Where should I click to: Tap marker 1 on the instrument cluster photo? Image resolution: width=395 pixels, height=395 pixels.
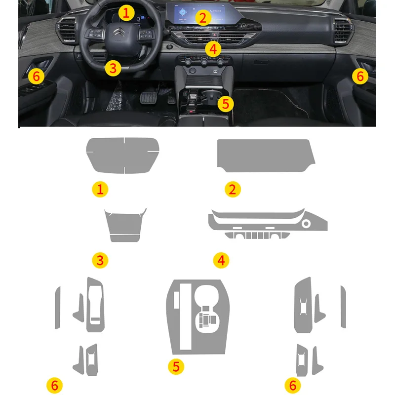[x=127, y=13]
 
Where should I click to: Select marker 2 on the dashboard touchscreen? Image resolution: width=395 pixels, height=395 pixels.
[x=201, y=18]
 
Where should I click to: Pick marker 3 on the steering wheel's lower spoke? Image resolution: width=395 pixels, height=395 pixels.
[x=113, y=68]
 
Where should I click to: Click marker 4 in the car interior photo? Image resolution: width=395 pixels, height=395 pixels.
[x=212, y=48]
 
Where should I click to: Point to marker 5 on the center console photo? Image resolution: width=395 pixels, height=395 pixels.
[x=226, y=103]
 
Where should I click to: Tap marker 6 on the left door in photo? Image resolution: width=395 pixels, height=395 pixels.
[x=36, y=76]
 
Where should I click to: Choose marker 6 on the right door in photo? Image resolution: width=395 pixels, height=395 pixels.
[x=360, y=76]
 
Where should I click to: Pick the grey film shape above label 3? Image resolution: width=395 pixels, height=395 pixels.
[x=125, y=225]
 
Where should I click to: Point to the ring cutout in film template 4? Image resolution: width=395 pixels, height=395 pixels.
[x=307, y=225]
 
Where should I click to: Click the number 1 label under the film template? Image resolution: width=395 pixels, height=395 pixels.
[x=100, y=189]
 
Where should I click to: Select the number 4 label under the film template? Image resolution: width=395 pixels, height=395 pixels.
[x=221, y=260]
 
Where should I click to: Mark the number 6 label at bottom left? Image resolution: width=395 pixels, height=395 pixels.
[x=54, y=385]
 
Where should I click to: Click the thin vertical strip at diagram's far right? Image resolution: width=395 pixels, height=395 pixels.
[x=343, y=307]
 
